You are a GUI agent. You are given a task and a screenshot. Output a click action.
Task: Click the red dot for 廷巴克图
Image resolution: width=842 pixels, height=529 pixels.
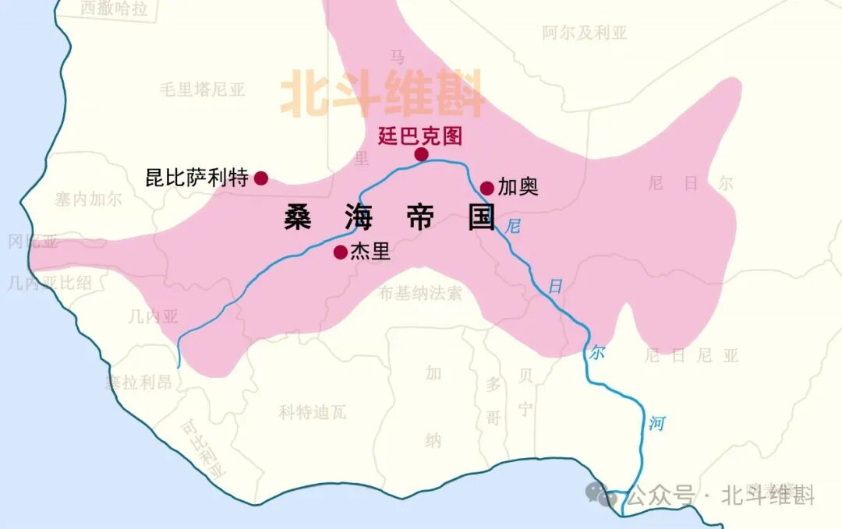421,154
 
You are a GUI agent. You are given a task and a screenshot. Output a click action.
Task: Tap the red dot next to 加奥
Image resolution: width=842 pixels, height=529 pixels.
486,188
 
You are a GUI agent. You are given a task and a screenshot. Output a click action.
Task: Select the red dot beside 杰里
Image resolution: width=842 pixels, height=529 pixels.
340,252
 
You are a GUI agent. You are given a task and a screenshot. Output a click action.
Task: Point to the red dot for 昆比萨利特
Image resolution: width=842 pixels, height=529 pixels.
261,178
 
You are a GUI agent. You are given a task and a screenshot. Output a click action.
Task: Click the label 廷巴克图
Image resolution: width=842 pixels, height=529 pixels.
419,136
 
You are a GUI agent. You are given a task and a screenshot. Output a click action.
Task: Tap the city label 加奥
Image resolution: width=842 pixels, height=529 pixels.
518,188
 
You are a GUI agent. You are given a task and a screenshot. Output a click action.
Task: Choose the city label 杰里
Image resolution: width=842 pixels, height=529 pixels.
370,252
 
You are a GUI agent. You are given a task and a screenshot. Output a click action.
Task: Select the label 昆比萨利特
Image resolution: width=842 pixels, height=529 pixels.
197,178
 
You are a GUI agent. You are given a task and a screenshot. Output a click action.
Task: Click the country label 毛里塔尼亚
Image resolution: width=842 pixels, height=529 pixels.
202,90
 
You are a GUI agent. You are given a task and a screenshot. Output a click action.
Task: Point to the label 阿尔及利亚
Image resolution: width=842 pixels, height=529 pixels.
585,33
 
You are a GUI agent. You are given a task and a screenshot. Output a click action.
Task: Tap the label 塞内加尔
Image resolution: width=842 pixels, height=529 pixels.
89,199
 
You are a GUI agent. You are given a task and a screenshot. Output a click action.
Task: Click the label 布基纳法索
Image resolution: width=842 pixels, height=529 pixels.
420,294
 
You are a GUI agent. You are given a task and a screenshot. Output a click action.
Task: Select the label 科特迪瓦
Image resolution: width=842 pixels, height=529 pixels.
313,412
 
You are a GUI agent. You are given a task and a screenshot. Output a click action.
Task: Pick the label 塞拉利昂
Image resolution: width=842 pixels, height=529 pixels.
138,383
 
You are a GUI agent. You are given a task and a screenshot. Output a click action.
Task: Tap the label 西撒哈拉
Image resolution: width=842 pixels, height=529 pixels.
114,9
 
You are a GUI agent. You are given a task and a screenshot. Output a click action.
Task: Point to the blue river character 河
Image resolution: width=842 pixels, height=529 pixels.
657,424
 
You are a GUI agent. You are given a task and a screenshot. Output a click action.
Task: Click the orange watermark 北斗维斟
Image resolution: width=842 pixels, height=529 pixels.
382,94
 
